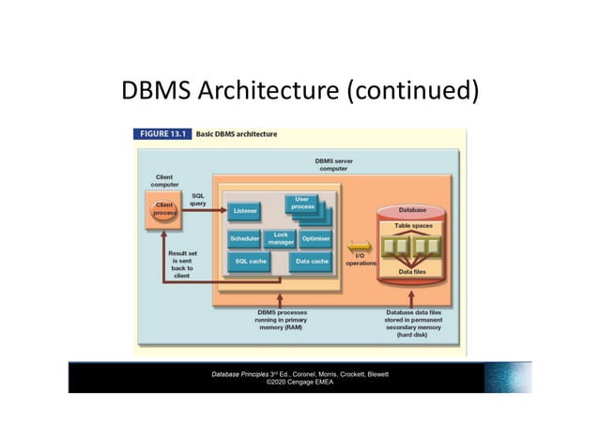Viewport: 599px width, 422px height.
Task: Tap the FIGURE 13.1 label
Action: pyautogui.click(x=162, y=134)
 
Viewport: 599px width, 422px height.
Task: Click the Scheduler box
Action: pyautogui.click(x=244, y=239)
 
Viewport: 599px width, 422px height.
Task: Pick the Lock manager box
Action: pyautogui.click(x=281, y=239)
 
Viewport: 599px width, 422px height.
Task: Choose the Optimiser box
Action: pyautogui.click(x=316, y=239)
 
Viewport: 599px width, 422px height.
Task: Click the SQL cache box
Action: pyautogui.click(x=251, y=261)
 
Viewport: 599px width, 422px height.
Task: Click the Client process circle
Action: pyautogui.click(x=164, y=208)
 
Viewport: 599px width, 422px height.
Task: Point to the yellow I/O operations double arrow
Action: pyautogui.click(x=361, y=249)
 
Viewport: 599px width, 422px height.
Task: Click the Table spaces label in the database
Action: pyautogui.click(x=412, y=226)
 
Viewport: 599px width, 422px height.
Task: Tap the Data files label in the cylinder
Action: pyautogui.click(x=412, y=272)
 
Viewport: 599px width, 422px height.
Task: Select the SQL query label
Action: pyautogui.click(x=198, y=199)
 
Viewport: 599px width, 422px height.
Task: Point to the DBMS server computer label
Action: pyautogui.click(x=333, y=166)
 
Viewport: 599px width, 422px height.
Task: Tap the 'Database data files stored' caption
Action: pyautogui.click(x=414, y=322)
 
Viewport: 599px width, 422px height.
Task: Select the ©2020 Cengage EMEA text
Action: pyautogui.click(x=299, y=382)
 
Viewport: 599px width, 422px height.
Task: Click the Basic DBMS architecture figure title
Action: pyautogui.click(x=236, y=134)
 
